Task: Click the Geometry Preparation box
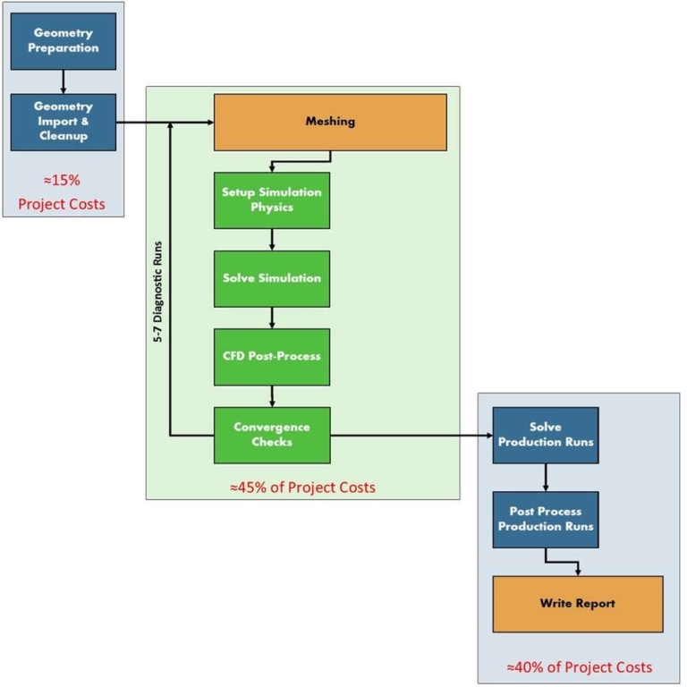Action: tap(63, 41)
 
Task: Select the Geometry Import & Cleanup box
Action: tap(63, 122)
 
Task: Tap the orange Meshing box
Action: tap(329, 122)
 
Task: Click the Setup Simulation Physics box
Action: tap(271, 200)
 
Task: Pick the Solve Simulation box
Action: tap(271, 278)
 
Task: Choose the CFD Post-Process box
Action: tap(271, 356)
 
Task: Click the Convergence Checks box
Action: tap(271, 435)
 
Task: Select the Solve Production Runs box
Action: tap(545, 435)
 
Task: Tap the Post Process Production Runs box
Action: tap(545, 519)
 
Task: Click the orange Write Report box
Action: tap(577, 604)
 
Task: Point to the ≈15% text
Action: tap(62, 178)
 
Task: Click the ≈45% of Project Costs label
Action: tap(302, 488)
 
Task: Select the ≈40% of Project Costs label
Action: tap(579, 667)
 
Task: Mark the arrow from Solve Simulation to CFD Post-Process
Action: tap(271, 318)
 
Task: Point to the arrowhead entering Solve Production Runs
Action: tap(488, 436)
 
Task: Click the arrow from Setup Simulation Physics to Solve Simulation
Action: tap(271, 239)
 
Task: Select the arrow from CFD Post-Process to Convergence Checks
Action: tap(271, 396)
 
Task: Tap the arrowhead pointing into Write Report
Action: tap(579, 571)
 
